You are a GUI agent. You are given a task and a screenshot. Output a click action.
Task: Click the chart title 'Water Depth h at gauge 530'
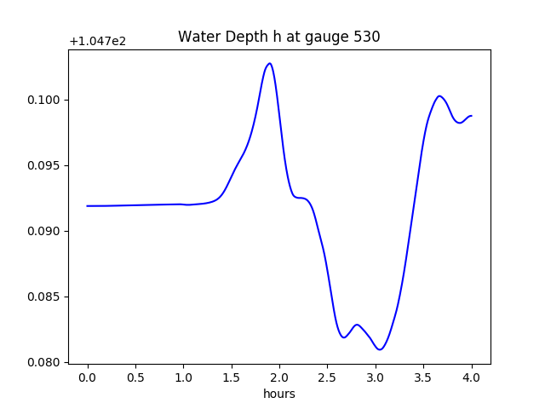pyautogui.click(x=278, y=37)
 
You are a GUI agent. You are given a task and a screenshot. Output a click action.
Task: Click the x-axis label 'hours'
pyautogui.click(x=278, y=394)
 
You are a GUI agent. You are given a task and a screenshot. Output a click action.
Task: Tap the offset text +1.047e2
pyautogui.click(x=97, y=41)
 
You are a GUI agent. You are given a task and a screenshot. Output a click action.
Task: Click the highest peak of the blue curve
pyautogui.click(x=270, y=63)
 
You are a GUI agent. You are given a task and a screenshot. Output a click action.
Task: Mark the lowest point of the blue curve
pyautogui.click(x=381, y=349)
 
